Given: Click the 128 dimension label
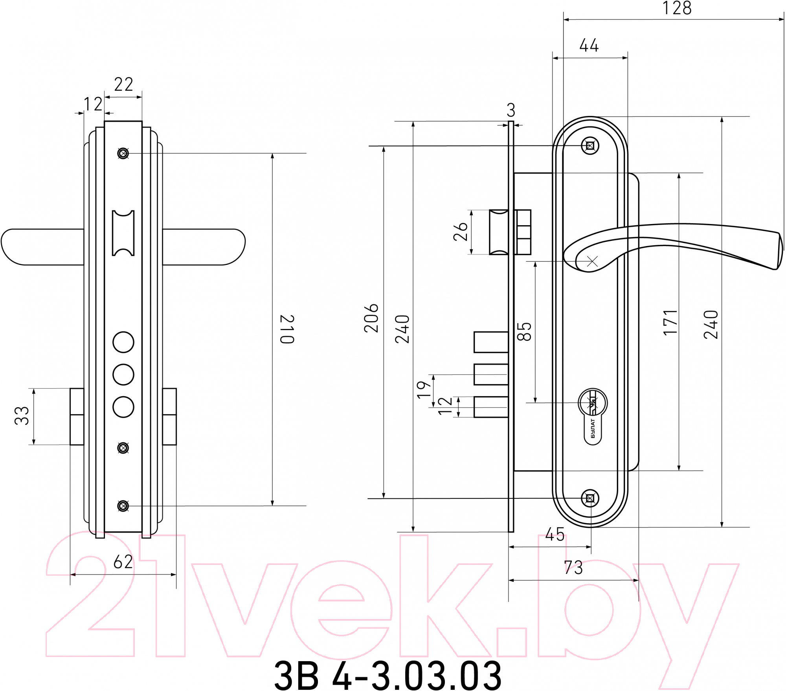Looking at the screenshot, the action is (677, 8).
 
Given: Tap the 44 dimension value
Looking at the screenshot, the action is (589, 45).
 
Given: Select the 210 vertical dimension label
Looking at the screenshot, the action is (287, 329).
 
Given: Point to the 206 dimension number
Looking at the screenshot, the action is (371, 318).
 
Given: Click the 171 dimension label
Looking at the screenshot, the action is (670, 323).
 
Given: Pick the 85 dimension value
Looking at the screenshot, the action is (524, 331).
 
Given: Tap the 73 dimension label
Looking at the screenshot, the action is (573, 568).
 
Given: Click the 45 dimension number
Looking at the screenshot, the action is (555, 535).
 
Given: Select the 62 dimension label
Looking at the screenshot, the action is (123, 562).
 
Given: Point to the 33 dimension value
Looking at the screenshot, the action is (22, 415).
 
